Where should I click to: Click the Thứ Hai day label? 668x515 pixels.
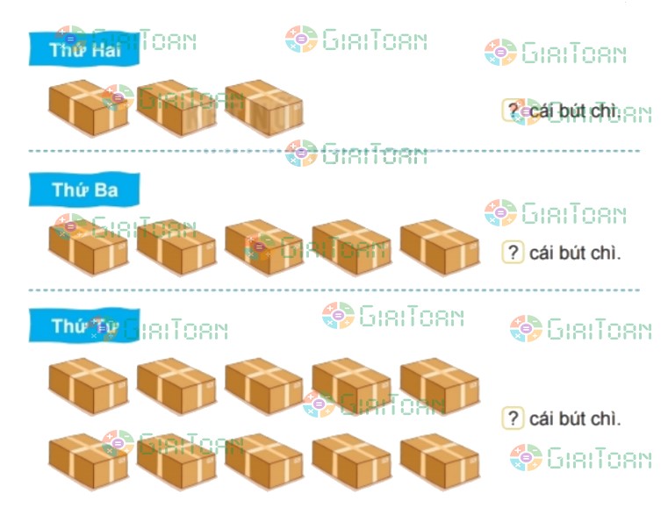click(x=83, y=50)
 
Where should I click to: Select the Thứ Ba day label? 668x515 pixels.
click(x=83, y=190)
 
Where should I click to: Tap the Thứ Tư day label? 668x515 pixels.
click(x=83, y=326)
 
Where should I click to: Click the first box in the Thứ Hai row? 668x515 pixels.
click(x=88, y=109)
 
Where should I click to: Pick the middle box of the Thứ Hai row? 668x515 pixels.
click(x=176, y=109)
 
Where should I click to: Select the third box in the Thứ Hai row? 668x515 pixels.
click(x=263, y=109)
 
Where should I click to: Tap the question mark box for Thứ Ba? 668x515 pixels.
click(x=513, y=253)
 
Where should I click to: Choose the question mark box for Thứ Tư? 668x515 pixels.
click(x=513, y=418)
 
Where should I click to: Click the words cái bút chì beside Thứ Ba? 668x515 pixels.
click(x=575, y=254)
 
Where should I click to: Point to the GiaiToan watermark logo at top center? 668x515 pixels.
click(x=356, y=39)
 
